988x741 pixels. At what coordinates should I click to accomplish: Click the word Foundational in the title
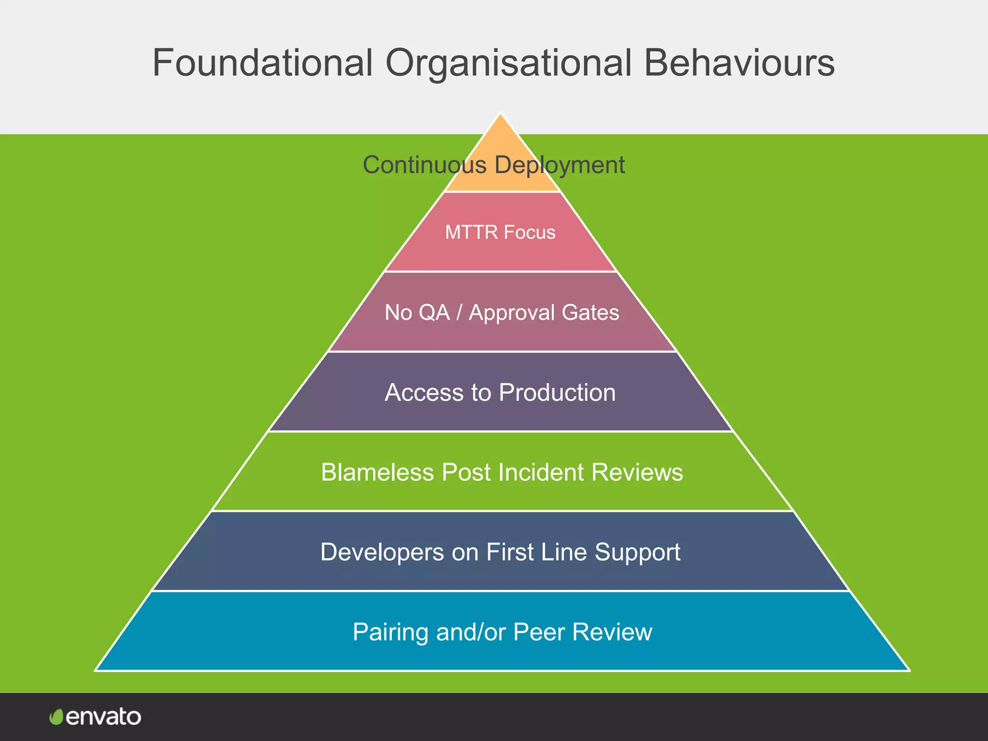click(263, 63)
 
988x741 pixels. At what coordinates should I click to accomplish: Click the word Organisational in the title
click(508, 63)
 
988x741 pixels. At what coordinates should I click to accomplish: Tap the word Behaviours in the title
click(739, 63)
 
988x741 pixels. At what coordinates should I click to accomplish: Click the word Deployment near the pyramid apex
click(560, 165)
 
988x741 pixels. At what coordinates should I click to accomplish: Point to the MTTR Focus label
click(500, 233)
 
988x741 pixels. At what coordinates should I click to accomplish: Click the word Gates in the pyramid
click(590, 313)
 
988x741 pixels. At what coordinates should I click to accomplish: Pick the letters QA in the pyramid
click(434, 313)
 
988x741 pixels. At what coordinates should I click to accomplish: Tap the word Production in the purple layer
click(557, 393)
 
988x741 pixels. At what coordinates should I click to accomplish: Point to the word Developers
click(382, 552)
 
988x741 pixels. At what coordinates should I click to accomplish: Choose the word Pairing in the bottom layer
click(391, 632)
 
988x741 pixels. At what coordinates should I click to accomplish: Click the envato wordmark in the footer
click(103, 717)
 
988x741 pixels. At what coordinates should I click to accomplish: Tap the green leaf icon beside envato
click(56, 717)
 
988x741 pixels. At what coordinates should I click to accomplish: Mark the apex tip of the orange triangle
click(501, 114)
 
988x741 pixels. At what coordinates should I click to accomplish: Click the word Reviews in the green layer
click(637, 472)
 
